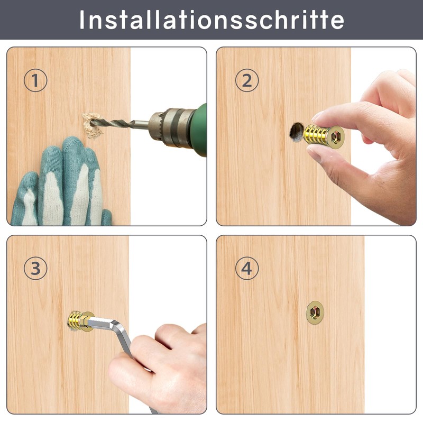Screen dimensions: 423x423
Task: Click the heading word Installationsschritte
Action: [212, 20]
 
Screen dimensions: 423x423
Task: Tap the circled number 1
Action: [35, 80]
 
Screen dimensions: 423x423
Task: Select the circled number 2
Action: [247, 80]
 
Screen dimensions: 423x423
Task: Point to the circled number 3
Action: [35, 268]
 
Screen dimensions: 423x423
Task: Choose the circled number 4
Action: [247, 268]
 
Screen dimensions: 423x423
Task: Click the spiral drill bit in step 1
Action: [118, 124]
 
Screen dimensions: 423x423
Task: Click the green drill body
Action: [199, 130]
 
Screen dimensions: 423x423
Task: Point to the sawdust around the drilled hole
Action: [92, 126]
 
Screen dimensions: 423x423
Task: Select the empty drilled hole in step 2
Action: [296, 132]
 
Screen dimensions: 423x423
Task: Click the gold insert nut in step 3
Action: [80, 321]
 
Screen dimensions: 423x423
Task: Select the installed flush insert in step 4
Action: [315, 312]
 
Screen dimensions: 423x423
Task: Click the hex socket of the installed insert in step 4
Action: [315, 312]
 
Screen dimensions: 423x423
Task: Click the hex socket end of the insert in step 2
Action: [335, 137]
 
